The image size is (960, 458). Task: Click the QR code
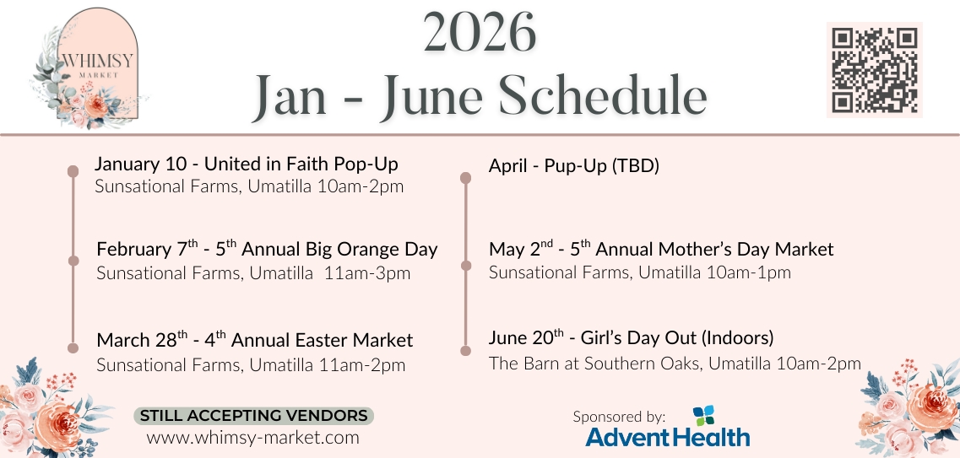point(874,70)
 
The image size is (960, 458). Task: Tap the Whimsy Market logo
point(89,67)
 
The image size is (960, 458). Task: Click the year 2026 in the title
point(480,32)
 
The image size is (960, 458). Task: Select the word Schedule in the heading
point(603,95)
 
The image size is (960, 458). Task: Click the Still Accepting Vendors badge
point(253,416)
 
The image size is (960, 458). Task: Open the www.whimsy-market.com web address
point(252,438)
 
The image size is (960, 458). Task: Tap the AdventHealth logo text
point(667,437)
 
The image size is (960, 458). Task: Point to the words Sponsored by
point(619,417)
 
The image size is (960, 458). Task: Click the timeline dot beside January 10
point(73,171)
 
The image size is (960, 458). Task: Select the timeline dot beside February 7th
point(73,261)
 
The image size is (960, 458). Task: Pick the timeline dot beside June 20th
point(465,351)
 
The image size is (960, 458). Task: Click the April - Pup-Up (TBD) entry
point(573,165)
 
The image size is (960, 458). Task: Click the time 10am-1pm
point(748,272)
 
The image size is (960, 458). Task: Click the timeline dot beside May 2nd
point(465,266)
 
